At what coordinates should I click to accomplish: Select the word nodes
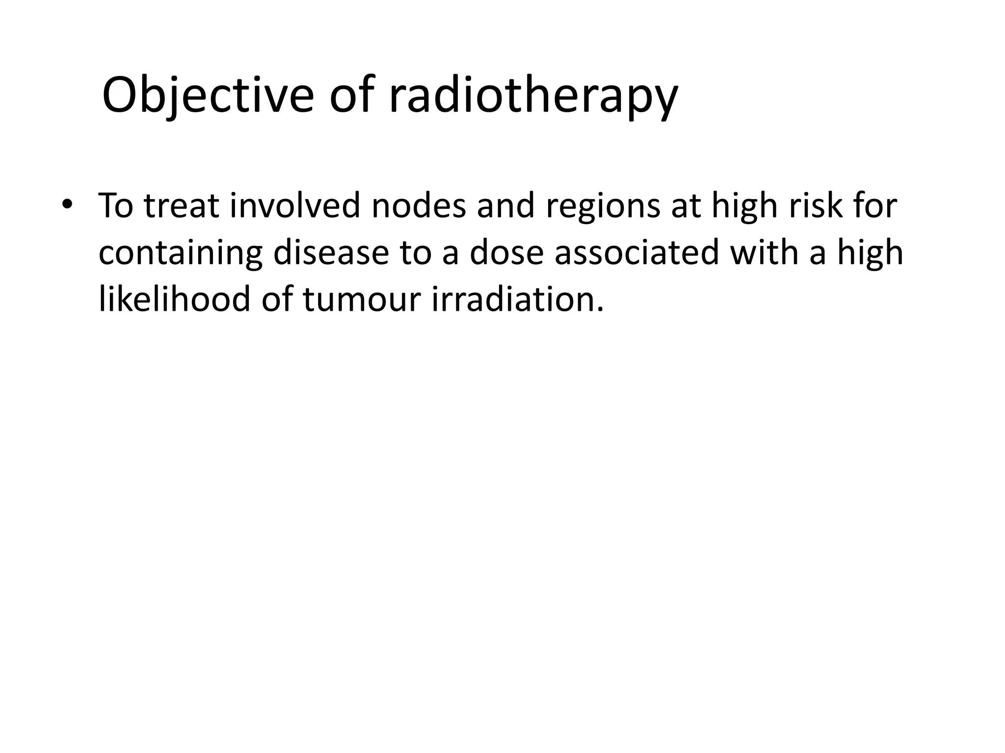[x=418, y=206]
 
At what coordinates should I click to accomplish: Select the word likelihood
[x=174, y=299]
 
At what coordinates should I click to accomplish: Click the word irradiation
[x=517, y=299]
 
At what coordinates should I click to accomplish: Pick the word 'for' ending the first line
[x=875, y=206]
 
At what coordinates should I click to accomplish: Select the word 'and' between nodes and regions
[x=505, y=206]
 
